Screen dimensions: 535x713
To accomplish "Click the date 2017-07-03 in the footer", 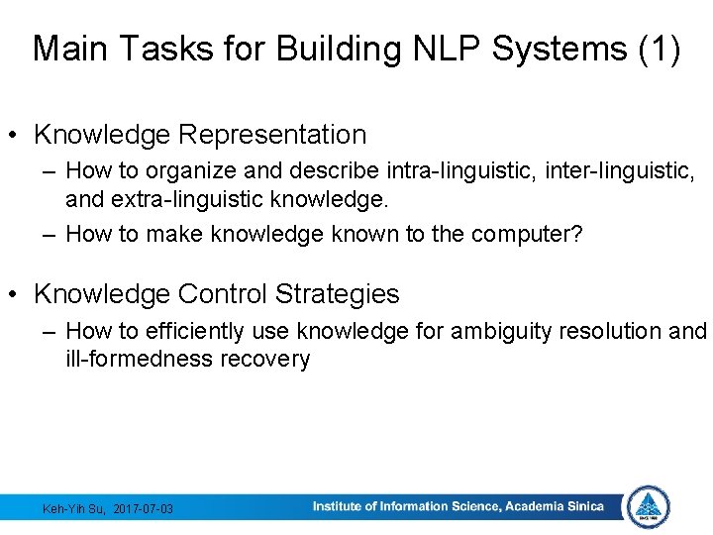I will point(144,509).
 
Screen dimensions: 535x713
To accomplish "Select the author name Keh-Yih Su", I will point(75,509).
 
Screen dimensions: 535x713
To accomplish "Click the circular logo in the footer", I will point(649,507).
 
